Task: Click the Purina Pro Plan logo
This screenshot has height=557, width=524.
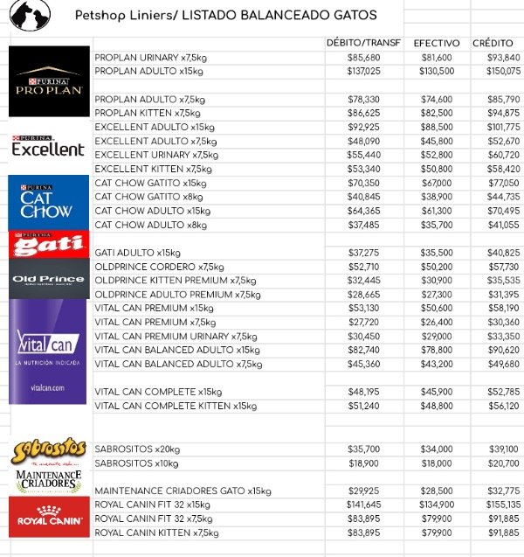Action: coord(49,81)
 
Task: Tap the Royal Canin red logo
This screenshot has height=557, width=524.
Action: coord(49,517)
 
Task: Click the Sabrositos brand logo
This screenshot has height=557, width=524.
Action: coord(49,451)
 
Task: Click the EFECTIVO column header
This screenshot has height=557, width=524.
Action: coord(437,43)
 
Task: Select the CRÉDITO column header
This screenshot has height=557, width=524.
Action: coord(493,43)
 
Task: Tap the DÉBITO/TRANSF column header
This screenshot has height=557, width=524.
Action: coord(362,43)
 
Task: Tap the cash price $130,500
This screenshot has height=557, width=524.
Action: coord(437,71)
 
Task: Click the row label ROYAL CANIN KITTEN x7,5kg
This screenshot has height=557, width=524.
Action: coord(156,532)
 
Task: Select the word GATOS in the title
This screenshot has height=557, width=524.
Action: coord(355,16)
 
